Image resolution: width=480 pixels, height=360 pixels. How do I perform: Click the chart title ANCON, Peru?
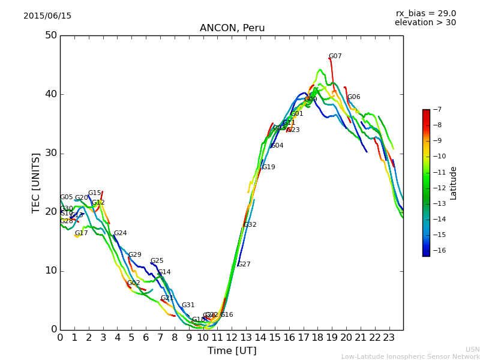click(x=232, y=28)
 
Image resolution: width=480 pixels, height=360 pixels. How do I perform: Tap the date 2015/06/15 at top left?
click(x=47, y=16)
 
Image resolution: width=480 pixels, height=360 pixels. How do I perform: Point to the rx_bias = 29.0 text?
click(x=425, y=14)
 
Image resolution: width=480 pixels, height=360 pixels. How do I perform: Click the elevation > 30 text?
click(x=425, y=23)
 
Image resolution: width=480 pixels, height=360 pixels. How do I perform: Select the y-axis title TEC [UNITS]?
click(x=36, y=183)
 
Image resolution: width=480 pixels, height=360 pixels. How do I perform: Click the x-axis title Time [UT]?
click(x=232, y=351)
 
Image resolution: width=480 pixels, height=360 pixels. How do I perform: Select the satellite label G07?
click(x=335, y=56)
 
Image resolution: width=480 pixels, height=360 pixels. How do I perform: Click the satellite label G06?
click(x=354, y=97)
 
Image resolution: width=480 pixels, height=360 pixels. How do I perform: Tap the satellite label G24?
click(x=121, y=233)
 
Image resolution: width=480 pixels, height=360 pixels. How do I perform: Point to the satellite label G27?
click(x=244, y=265)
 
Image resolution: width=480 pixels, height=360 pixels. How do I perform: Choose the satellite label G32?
click(x=250, y=225)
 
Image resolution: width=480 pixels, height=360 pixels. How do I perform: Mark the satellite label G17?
click(x=82, y=233)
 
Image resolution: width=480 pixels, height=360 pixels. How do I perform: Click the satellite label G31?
click(x=188, y=305)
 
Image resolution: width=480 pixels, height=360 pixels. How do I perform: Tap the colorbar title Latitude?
click(x=454, y=183)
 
